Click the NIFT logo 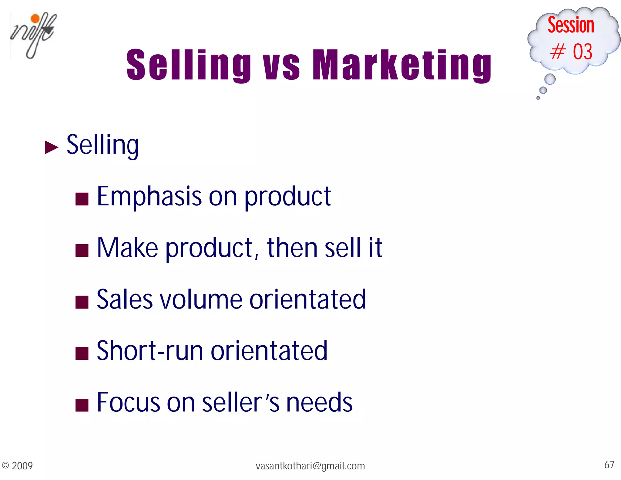click(x=33, y=35)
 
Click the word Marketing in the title click(x=402, y=65)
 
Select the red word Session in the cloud click(x=571, y=25)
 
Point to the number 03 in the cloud click(x=582, y=52)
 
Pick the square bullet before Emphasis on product click(x=82, y=199)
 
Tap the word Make click(x=127, y=248)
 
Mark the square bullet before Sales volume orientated click(x=82, y=302)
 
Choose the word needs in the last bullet click(x=319, y=402)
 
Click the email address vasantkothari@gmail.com click(x=310, y=466)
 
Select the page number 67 click(x=609, y=465)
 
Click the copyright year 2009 click(x=22, y=466)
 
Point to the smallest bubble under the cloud click(x=538, y=98)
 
